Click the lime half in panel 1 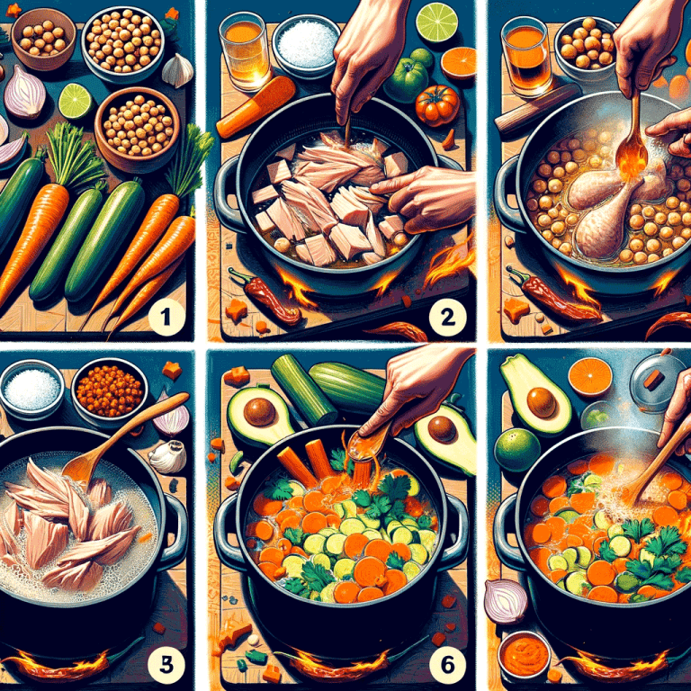click(76, 101)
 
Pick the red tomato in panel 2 click(437, 104)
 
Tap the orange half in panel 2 click(459, 64)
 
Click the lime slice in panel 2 click(437, 22)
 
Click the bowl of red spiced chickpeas click(110, 390)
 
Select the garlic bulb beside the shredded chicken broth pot click(168, 455)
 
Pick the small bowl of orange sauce click(523, 654)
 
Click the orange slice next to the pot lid click(590, 376)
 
